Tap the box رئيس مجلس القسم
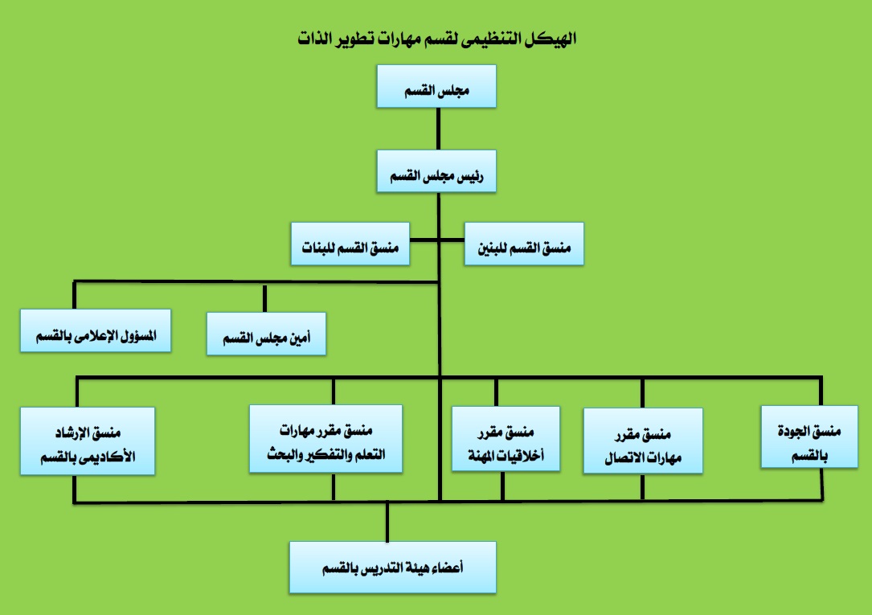coord(436,170)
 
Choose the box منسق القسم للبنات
coord(350,243)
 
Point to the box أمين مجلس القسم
coord(265,333)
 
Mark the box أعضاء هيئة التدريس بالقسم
coord(393,567)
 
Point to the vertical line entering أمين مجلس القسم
coord(265,297)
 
